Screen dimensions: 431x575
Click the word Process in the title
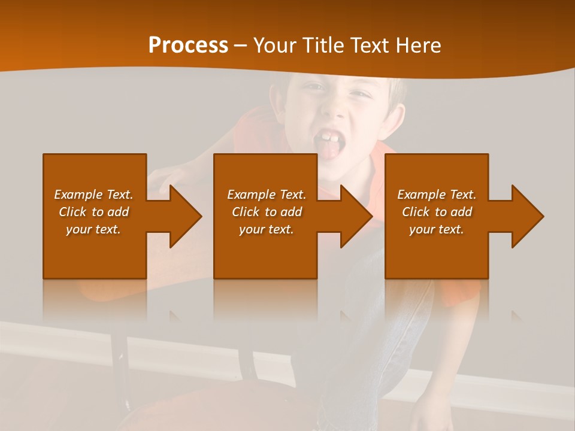(x=188, y=45)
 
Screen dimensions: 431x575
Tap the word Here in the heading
(x=418, y=45)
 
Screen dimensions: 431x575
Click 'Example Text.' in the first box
(x=93, y=195)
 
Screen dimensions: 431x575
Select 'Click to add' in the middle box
(x=267, y=212)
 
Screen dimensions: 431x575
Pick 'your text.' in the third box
(x=437, y=229)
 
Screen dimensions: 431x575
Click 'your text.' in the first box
(x=93, y=229)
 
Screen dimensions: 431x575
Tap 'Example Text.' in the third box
(x=437, y=195)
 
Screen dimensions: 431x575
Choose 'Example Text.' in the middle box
(x=267, y=195)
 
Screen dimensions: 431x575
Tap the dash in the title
(x=241, y=45)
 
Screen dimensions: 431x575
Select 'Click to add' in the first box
(x=93, y=212)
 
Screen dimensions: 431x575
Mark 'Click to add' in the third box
(x=437, y=212)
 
